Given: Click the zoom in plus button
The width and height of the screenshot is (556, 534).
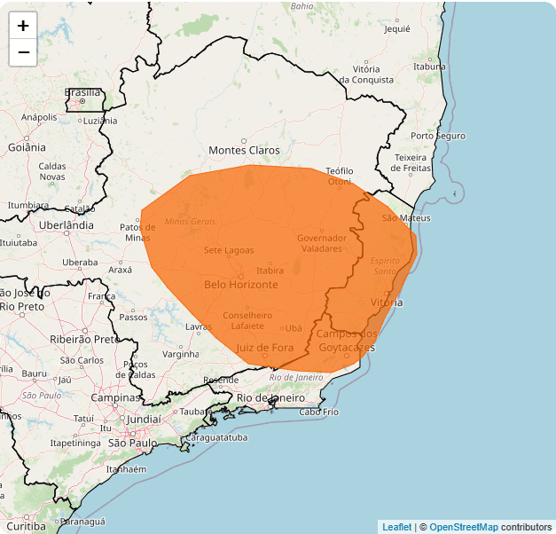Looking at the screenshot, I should (23, 26).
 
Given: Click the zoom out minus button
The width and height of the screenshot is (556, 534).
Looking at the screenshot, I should (23, 52).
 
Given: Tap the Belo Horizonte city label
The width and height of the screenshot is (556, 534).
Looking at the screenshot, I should (240, 285).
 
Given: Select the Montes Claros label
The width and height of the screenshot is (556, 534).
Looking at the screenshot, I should (244, 151).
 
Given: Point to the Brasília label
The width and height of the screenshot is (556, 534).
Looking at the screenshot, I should (82, 92).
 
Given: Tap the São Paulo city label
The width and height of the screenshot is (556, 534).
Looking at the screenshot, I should (132, 442).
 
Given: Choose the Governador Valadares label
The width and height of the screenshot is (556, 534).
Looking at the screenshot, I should (322, 243).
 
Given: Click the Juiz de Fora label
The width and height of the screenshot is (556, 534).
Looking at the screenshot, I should (264, 348).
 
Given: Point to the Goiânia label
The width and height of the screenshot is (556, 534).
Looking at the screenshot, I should (27, 147).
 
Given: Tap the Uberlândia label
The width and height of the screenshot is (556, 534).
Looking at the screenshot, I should (67, 225).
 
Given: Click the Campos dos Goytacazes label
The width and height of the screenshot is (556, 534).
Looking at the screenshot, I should (347, 341).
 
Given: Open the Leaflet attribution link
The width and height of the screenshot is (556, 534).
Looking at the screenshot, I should (396, 527).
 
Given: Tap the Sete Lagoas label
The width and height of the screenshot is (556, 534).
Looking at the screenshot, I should (229, 250).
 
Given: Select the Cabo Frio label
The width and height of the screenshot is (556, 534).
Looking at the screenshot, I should (319, 412).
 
